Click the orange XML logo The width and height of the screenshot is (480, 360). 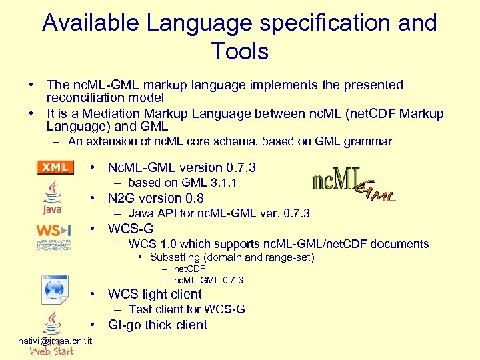[55, 167]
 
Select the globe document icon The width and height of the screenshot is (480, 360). [53, 289]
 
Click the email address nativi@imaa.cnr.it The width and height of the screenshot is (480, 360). [55, 341]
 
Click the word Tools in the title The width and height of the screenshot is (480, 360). [239, 51]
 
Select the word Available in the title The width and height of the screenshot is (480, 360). [91, 23]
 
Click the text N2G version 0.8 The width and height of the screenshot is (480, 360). [155, 198]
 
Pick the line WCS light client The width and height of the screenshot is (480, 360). [155, 294]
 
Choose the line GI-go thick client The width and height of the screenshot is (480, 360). [157, 325]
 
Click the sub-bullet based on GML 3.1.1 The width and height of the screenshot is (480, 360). [183, 183]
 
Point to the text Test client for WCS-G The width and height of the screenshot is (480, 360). [187, 309]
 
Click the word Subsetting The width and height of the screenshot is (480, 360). [175, 257]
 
